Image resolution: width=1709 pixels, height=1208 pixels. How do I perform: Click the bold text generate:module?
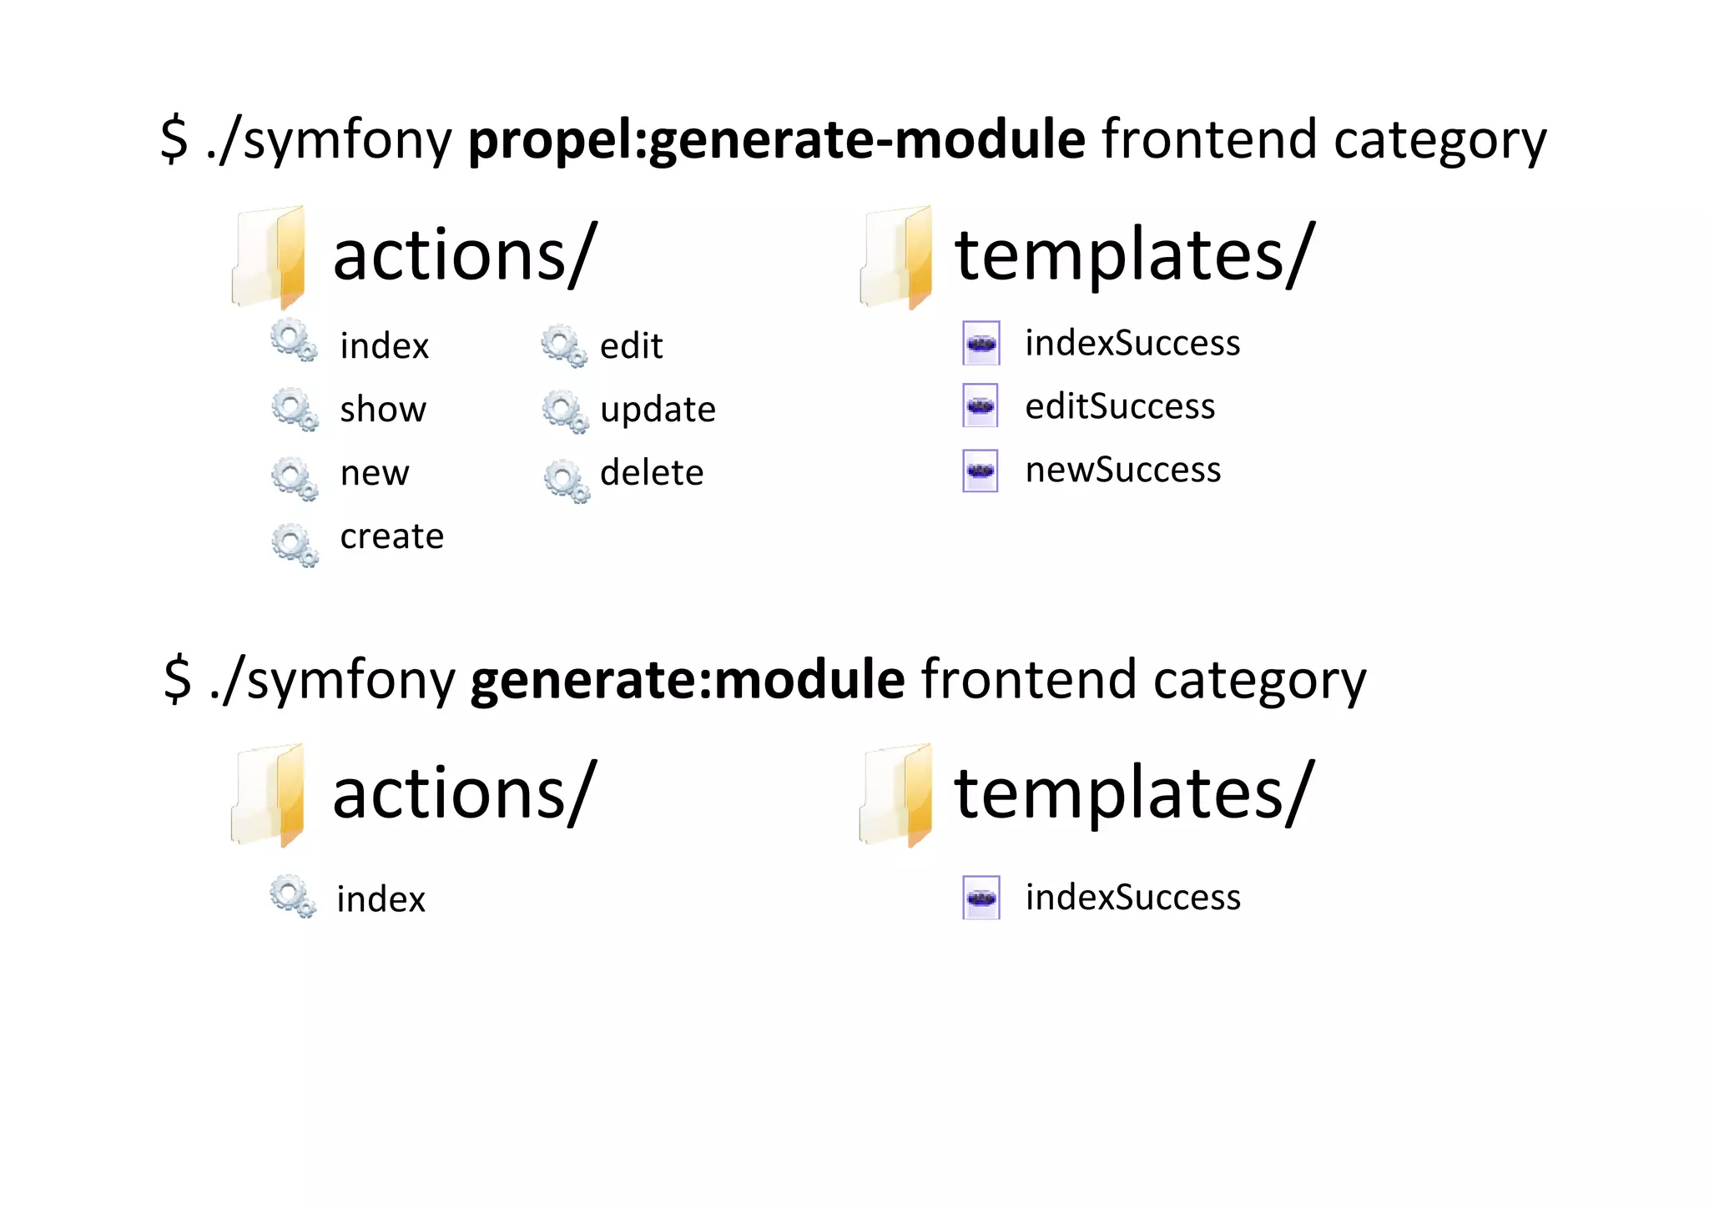[687, 679]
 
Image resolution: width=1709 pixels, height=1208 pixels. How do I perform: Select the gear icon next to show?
[295, 409]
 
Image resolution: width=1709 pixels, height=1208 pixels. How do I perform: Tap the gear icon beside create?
[295, 545]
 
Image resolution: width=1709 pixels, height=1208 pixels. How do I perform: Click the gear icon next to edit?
[564, 345]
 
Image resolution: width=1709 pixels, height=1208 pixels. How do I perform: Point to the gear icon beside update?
[565, 411]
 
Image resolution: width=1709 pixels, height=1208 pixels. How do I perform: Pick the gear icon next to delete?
[567, 481]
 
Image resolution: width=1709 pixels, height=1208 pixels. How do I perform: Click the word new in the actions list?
[375, 473]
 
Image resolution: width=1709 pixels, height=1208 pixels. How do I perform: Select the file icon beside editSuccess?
[981, 405]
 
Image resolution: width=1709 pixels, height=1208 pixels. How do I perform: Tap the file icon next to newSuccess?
[981, 471]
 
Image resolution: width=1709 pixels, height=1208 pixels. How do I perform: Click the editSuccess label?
[1120, 406]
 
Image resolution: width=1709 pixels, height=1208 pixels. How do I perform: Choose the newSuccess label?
[1122, 470]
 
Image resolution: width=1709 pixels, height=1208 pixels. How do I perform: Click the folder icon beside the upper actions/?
[270, 257]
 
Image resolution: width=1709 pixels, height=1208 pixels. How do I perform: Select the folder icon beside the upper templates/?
[897, 257]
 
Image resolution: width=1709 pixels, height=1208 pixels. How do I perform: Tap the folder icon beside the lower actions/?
[270, 795]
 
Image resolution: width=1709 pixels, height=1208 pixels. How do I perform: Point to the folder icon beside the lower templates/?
[897, 795]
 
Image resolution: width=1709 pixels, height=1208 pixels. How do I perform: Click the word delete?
[652, 472]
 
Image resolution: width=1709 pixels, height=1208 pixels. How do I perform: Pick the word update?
[658, 410]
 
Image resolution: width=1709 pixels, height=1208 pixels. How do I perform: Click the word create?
[391, 536]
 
